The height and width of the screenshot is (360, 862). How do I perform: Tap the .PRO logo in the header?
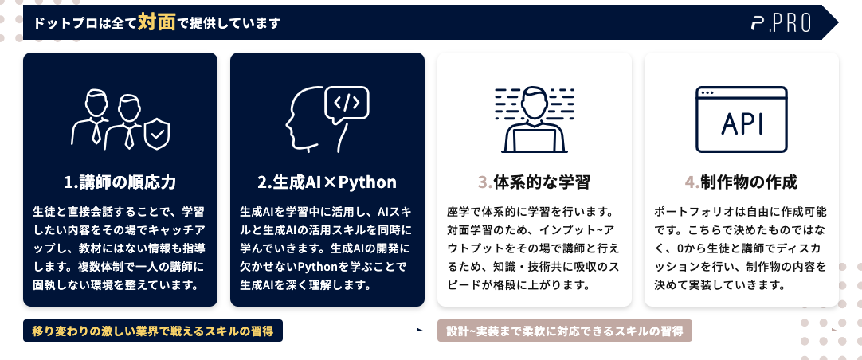click(x=782, y=22)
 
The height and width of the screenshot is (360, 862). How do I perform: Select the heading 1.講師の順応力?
click(x=120, y=182)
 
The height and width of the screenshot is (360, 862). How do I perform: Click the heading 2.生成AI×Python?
click(x=327, y=182)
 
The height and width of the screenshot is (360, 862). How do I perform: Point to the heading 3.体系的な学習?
click(x=534, y=182)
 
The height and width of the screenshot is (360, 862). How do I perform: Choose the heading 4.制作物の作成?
click(x=741, y=182)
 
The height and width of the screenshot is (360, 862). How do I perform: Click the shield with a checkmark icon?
click(x=157, y=134)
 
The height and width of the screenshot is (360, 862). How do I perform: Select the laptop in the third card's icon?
click(x=534, y=139)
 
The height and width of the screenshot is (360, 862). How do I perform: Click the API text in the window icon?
click(x=741, y=123)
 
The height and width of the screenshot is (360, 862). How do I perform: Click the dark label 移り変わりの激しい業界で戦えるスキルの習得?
click(x=153, y=331)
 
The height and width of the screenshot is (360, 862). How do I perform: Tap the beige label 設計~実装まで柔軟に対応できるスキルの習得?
click(x=565, y=331)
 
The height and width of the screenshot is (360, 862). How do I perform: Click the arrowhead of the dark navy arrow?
click(x=421, y=331)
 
